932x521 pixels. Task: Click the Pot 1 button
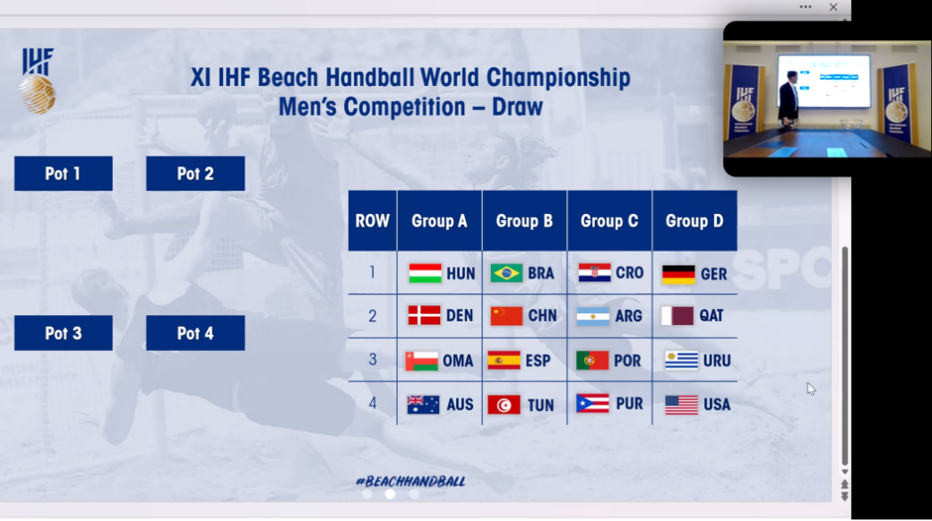tap(63, 174)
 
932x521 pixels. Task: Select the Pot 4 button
tap(195, 333)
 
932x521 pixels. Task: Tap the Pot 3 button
tap(63, 333)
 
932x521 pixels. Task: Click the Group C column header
tap(609, 221)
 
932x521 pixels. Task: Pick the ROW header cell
tap(372, 221)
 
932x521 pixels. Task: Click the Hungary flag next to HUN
tap(425, 273)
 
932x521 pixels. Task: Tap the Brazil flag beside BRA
tap(506, 273)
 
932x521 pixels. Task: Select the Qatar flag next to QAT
tap(677, 315)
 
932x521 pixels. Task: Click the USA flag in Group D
tap(681, 405)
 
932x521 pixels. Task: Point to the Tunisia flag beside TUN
tap(504, 405)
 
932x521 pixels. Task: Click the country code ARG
tap(628, 316)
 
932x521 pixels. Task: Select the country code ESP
tap(538, 361)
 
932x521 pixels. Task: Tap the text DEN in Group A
tap(460, 315)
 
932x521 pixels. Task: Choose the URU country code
tap(717, 361)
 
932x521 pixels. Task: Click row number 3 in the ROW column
tap(372, 359)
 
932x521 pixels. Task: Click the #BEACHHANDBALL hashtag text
tap(410, 482)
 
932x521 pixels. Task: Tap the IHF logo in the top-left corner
tap(38, 81)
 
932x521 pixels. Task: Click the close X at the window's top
tap(833, 7)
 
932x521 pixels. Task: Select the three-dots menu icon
tap(806, 7)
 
